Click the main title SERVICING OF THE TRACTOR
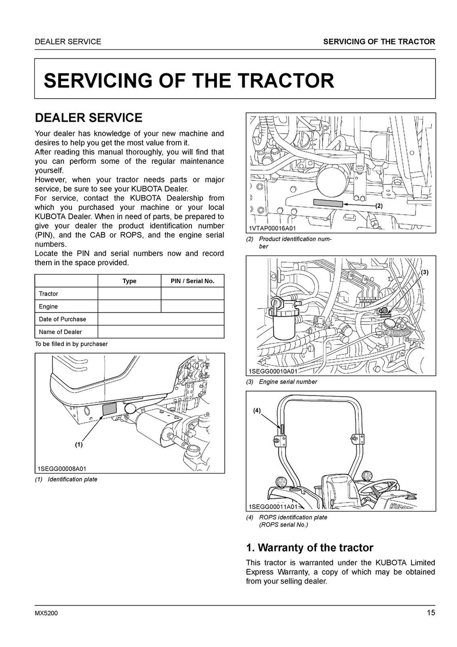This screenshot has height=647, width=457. (x=189, y=81)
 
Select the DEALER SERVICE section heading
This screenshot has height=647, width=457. (x=88, y=118)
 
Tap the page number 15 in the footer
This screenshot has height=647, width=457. (x=430, y=613)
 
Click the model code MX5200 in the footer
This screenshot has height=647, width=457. (x=46, y=613)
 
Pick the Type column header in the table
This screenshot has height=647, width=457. (x=129, y=281)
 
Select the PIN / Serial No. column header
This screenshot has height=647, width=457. (x=192, y=281)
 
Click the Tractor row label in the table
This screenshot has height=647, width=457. (x=48, y=294)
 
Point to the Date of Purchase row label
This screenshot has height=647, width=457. (x=62, y=319)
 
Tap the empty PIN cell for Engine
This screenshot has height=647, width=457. (x=192, y=306)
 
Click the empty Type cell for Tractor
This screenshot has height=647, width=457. (x=129, y=294)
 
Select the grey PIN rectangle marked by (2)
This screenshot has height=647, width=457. (x=328, y=203)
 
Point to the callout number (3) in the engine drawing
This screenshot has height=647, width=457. (x=424, y=272)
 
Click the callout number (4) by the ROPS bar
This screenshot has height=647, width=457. (x=257, y=410)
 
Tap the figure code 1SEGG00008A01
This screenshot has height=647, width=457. (x=62, y=469)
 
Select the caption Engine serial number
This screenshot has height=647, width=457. (x=288, y=382)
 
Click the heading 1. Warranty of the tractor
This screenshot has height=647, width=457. (x=309, y=547)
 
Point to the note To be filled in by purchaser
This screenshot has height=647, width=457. (x=71, y=344)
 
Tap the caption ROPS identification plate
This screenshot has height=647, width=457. (x=293, y=517)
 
